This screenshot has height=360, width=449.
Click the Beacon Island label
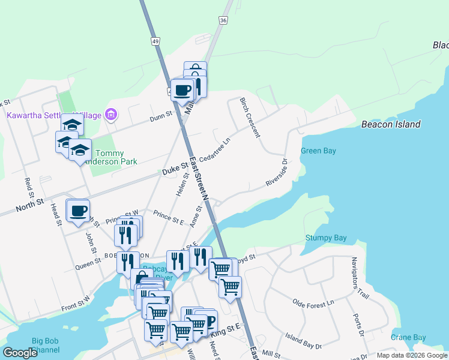(391, 124)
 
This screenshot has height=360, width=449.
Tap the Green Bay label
(318, 151)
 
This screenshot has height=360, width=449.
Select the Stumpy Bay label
(326, 238)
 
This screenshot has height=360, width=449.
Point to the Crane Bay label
(408, 338)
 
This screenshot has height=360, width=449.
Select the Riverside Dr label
(277, 173)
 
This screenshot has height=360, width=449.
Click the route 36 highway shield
(223, 20)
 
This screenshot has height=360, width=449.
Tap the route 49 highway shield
(155, 41)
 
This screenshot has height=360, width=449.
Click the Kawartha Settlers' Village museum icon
(110, 114)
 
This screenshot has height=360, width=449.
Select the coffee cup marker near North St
(78, 211)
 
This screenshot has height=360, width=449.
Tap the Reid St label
(29, 188)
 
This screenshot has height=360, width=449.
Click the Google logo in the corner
(20, 353)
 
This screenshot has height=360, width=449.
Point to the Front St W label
(75, 303)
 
